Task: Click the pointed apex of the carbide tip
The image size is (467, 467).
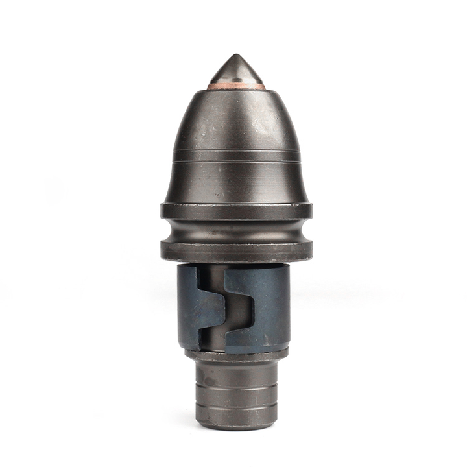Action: (236, 55)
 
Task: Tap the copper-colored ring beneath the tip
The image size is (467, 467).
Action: (236, 85)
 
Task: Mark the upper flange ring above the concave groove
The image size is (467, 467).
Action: (236, 211)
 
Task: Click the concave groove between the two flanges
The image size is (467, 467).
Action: (236, 230)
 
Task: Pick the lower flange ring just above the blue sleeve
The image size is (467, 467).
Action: (236, 252)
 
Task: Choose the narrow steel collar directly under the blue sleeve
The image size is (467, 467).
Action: (236, 355)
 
